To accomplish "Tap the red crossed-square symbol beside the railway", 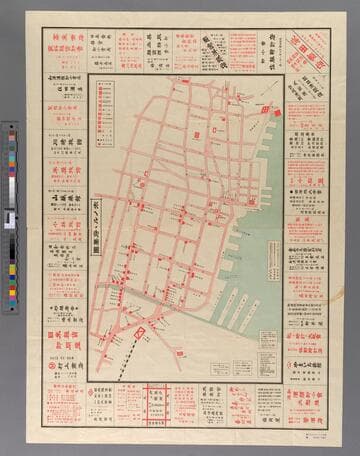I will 141,330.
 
